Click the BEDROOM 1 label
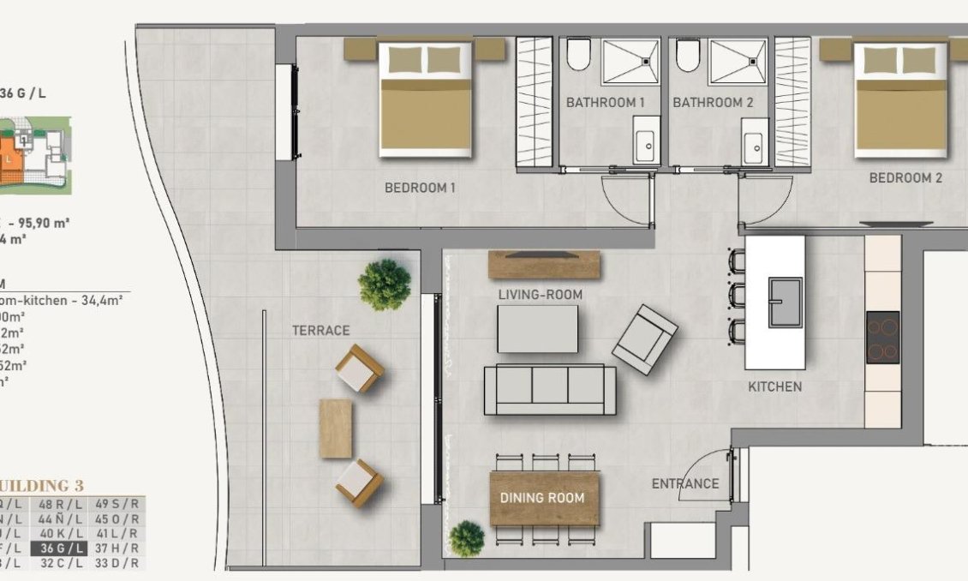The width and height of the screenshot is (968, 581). pos(420,188)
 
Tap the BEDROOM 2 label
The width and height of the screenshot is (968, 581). pos(905,178)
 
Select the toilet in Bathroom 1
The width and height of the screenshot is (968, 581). pos(579,56)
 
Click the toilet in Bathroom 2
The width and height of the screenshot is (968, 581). pos(687,56)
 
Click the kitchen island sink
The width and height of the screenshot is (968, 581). pos(785,302)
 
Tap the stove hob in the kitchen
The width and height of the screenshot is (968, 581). pos(882,337)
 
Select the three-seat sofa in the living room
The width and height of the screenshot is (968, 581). pos(549,390)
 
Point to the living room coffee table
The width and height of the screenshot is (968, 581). pos(538,329)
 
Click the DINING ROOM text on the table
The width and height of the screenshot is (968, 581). pos(542,498)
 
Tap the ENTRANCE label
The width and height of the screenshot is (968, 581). pos(685,483)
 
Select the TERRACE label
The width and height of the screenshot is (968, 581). pos(320,330)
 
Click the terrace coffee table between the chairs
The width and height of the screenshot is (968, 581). pos(335,428)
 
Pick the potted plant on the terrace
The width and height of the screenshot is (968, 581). pos(385,284)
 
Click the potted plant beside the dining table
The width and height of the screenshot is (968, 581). pos(467,538)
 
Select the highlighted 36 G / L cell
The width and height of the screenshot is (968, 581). pos(58,549)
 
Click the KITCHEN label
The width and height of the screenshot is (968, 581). pos(774,386)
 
